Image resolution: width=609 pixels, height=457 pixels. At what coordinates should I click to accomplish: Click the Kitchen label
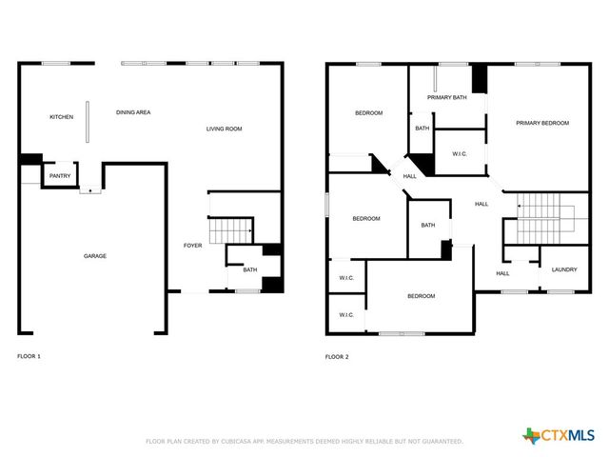[x=62, y=117]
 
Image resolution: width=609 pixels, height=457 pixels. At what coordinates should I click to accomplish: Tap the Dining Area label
[x=133, y=112]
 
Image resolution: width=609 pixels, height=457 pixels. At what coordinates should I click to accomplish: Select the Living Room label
[x=225, y=129]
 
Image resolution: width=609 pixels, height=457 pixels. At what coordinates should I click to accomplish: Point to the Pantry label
[x=60, y=176]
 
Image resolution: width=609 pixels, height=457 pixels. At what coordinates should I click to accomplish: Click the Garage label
[x=95, y=256]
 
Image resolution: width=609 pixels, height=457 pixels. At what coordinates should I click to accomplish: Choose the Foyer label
[x=193, y=247]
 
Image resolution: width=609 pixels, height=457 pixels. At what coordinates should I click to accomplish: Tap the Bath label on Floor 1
[x=249, y=269]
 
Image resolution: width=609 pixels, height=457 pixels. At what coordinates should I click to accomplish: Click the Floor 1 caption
[x=29, y=356]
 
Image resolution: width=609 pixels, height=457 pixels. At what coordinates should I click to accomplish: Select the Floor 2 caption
[x=337, y=356]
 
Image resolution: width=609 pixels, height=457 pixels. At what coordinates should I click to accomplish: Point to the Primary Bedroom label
[x=542, y=123]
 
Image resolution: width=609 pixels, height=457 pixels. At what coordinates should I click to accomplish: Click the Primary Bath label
[x=446, y=97]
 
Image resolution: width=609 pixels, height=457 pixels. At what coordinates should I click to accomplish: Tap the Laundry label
[x=564, y=269]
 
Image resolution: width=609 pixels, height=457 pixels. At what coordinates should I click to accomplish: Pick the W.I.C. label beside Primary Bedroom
[x=459, y=153]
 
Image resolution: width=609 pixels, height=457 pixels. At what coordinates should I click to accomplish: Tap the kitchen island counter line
[x=88, y=121]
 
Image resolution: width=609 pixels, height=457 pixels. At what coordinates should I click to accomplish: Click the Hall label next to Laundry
[x=502, y=273]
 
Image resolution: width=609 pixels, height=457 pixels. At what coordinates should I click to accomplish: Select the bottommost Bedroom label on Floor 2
[x=422, y=296]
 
